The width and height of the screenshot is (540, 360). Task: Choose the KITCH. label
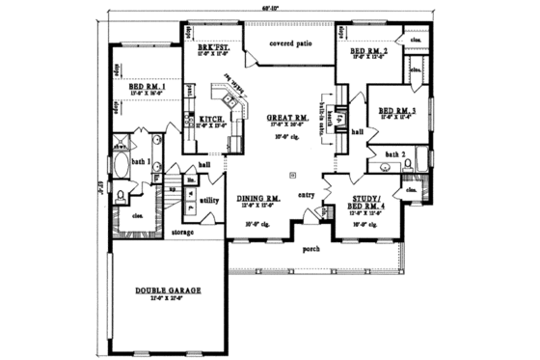tap(213, 121)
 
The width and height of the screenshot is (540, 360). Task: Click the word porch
tap(311, 249)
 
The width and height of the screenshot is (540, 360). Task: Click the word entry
tap(307, 195)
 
